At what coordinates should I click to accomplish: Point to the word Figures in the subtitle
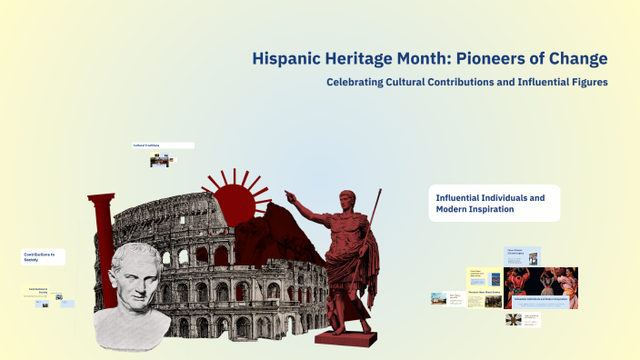(586, 83)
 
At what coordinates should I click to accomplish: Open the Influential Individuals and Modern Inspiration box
(494, 203)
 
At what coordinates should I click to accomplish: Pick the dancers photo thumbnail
(541, 288)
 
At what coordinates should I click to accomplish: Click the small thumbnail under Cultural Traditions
(160, 161)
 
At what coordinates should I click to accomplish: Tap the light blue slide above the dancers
(524, 256)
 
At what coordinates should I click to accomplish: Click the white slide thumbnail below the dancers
(524, 319)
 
